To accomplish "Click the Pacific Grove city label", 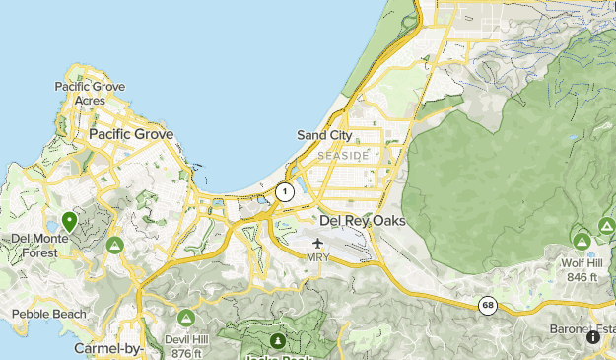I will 131,134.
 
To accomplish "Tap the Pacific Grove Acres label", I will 91,94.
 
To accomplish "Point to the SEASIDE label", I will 343,156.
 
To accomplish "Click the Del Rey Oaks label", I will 363,220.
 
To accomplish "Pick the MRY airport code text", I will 318,257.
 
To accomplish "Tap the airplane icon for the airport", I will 318,243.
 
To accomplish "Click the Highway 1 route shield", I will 285,192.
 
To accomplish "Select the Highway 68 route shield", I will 488,306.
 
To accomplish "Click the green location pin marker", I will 69,221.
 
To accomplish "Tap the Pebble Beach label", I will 49,315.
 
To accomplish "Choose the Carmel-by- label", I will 109,349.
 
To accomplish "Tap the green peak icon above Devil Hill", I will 186,319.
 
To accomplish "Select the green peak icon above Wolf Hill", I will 581,240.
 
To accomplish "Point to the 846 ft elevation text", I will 582,278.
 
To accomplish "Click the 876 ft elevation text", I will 185,354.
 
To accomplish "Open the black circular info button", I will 593,337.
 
